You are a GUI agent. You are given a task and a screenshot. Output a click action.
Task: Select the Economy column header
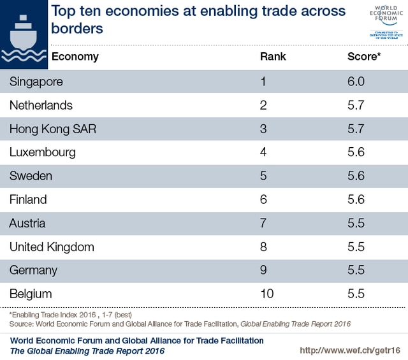tap(75, 57)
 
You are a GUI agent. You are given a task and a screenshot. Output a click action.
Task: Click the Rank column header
tap(273, 57)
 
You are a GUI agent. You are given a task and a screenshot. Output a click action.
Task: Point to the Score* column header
tap(364, 57)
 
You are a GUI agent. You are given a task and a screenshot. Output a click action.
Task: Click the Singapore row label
tap(36, 82)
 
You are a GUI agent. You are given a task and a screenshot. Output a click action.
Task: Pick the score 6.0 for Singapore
tap(356, 82)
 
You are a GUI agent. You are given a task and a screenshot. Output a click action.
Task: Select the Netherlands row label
tap(41, 105)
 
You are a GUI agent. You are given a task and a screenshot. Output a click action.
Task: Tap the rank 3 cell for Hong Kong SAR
tap(263, 129)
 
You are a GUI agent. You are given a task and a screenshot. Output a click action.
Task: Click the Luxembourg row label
tap(42, 152)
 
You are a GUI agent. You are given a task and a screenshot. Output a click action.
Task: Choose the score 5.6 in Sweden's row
tap(356, 176)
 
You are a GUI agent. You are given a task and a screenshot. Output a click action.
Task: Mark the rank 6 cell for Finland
tap(263, 199)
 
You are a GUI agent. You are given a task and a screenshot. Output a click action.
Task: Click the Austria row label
tap(27, 223)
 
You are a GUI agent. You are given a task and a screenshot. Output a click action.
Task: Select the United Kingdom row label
tap(52, 247)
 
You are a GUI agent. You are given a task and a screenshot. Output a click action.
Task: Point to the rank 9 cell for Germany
tap(263, 270)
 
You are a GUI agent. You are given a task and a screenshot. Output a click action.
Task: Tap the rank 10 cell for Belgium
tap(266, 294)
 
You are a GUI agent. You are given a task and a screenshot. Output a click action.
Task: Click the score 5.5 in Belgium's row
tap(356, 294)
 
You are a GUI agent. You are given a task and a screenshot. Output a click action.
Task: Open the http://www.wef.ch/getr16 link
tap(349, 351)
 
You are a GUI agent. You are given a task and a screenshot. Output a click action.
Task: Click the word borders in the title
tap(77, 29)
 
